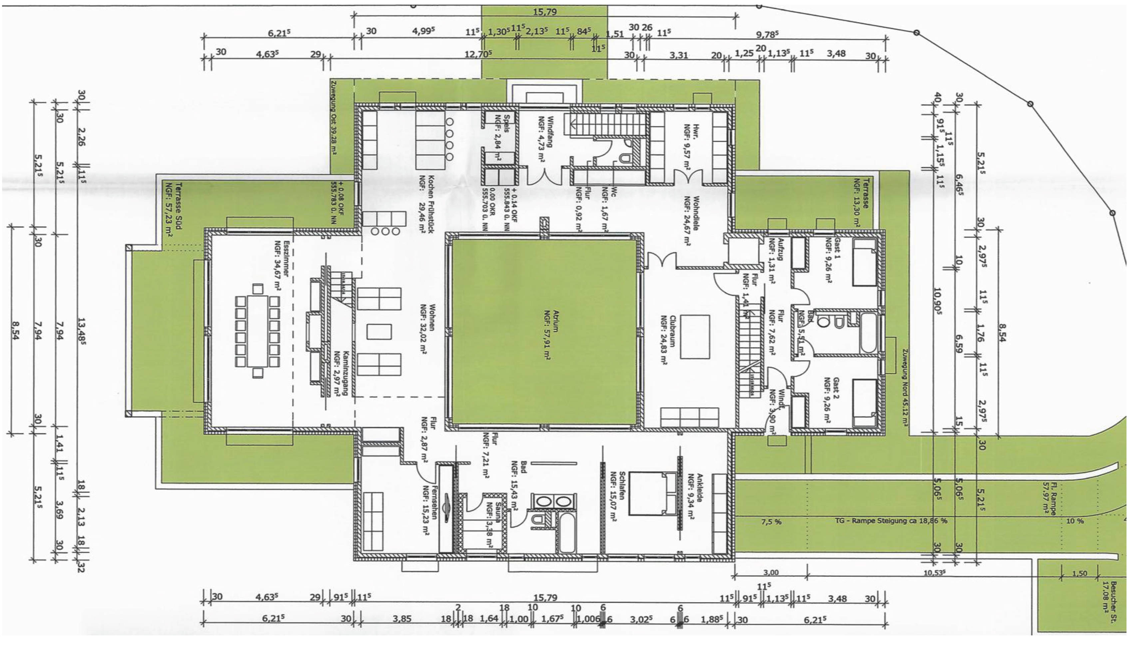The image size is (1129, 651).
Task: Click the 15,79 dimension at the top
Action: pyautogui.click(x=545, y=12)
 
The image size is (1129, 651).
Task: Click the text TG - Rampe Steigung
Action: pyautogui.click(x=890, y=521)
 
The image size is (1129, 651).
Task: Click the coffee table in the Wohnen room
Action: pyautogui.click(x=379, y=332)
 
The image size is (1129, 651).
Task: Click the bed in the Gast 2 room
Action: pyautogui.click(x=864, y=403)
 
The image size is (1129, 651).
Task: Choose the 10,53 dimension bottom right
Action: pyautogui.click(x=934, y=572)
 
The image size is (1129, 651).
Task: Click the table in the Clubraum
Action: pyautogui.click(x=695, y=337)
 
